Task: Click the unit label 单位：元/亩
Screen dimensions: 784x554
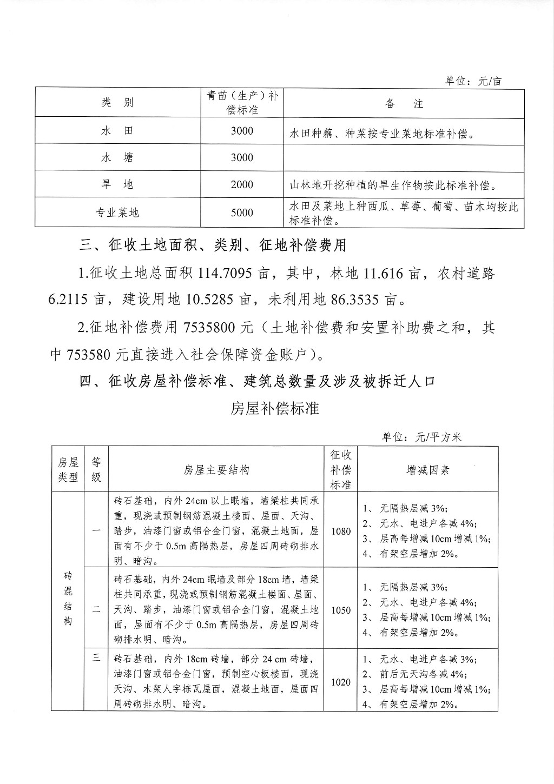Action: tap(473, 81)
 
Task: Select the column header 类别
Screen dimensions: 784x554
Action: tap(117, 103)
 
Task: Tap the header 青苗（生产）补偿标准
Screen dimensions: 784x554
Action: tap(242, 103)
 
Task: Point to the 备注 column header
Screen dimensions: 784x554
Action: tap(404, 104)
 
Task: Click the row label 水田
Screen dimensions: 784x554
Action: tap(117, 131)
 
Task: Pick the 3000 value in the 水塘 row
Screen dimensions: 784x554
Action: tap(242, 158)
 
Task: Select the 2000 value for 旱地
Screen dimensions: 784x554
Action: tap(242, 185)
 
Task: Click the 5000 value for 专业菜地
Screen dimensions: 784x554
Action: tap(242, 213)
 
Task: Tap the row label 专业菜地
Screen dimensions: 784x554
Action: tap(117, 213)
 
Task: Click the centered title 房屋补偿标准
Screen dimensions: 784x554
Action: tap(275, 408)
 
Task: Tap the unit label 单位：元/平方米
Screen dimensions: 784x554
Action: tap(421, 437)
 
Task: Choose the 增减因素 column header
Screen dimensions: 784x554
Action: tap(427, 470)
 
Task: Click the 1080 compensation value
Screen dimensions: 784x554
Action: tap(341, 531)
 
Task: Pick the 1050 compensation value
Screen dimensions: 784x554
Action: tap(341, 610)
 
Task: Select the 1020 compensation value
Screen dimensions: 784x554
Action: tap(341, 682)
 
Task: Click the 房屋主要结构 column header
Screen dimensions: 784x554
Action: tap(216, 470)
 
